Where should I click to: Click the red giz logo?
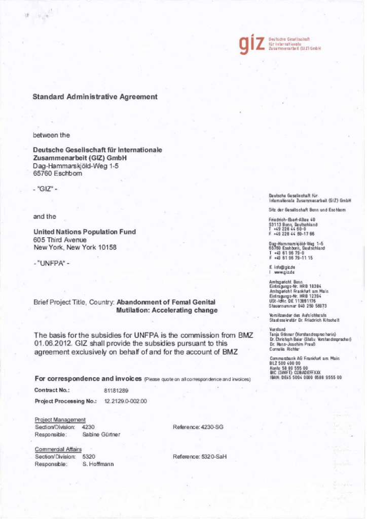pos(252,43)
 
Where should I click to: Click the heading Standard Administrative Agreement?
pos(95,96)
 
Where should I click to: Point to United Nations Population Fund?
pos(84,232)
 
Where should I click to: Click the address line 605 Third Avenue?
pos(60,239)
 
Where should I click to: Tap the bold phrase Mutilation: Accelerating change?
pos(167,310)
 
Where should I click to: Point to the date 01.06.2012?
pos(52,343)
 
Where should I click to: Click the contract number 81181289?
pos(116,390)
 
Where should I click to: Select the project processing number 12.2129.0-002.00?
pos(125,401)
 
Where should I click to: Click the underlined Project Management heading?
pos(60,420)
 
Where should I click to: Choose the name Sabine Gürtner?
pos(101,435)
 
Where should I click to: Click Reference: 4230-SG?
pos(198,427)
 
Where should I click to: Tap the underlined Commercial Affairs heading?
pos(58,449)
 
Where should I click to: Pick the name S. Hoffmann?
pos(98,464)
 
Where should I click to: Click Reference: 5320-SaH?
pos(199,457)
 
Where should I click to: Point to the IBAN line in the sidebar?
pos(306,377)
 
